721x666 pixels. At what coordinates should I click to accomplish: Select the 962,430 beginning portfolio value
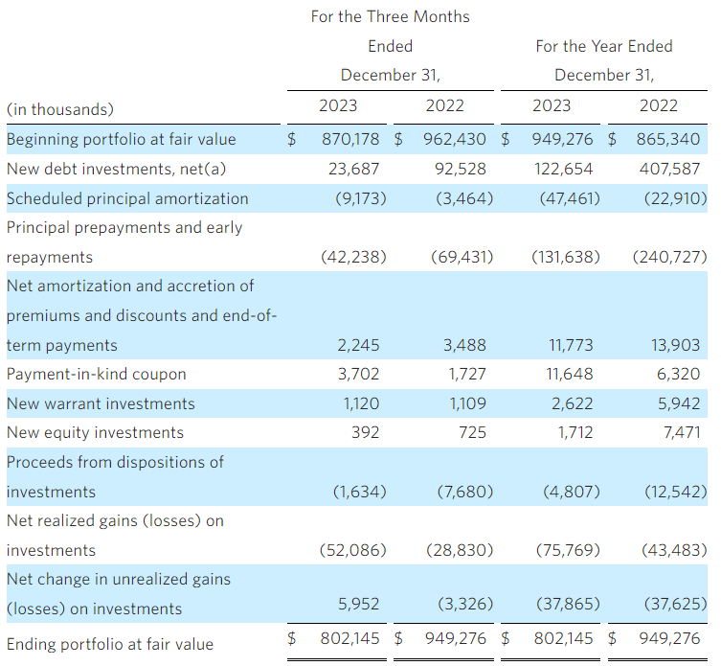tap(454, 140)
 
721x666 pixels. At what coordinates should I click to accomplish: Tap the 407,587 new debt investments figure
tap(669, 169)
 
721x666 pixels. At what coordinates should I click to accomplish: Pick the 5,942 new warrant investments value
tap(680, 403)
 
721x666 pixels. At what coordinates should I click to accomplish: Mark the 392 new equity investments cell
tap(366, 432)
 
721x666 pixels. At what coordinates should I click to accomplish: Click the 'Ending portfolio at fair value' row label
tap(110, 643)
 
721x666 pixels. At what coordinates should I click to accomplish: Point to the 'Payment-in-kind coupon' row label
tap(97, 374)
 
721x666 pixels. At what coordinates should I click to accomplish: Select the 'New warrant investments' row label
tap(101, 403)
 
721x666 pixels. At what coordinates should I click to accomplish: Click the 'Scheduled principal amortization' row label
tap(127, 198)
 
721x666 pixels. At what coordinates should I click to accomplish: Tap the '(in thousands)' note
tap(59, 109)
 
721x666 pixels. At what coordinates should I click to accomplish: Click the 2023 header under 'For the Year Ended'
tap(551, 105)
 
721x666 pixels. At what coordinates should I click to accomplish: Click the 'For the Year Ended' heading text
tap(604, 46)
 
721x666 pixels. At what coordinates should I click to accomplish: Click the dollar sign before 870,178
tap(292, 140)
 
